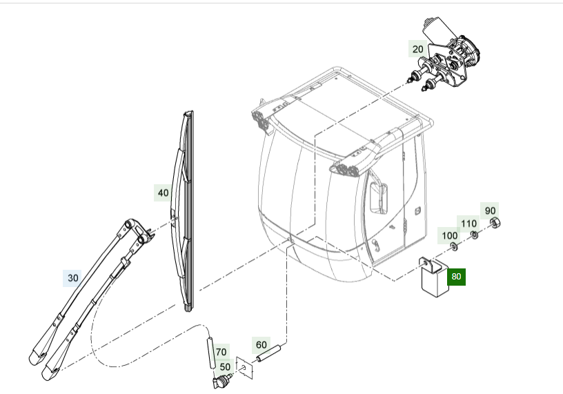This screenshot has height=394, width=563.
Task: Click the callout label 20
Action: coord(418,49)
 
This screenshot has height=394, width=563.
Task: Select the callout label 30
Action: coord(73,278)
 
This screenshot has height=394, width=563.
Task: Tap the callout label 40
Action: coord(163,193)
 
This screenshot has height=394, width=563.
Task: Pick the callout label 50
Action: coord(225,367)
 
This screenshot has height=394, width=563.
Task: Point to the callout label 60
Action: coord(261,344)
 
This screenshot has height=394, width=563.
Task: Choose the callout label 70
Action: coord(221,351)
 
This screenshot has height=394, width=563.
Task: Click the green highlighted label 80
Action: coord(456,277)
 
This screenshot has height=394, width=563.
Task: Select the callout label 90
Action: coord(490,210)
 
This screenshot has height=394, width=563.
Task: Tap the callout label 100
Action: coord(449,236)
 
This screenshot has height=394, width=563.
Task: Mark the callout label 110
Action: coord(469,224)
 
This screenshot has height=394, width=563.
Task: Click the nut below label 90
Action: coord(495,222)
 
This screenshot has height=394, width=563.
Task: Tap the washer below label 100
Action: coord(453,246)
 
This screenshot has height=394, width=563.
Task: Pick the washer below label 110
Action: coord(475,235)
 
